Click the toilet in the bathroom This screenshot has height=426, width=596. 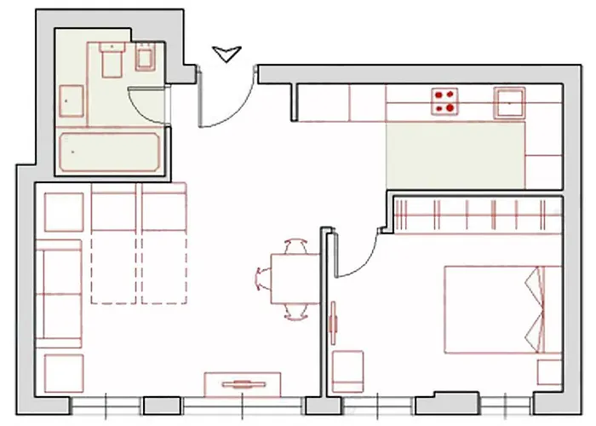click(111, 61)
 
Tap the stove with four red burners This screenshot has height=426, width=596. click(444, 101)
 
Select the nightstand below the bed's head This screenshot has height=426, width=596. click(549, 371)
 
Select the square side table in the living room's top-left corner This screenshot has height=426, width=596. click(64, 211)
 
